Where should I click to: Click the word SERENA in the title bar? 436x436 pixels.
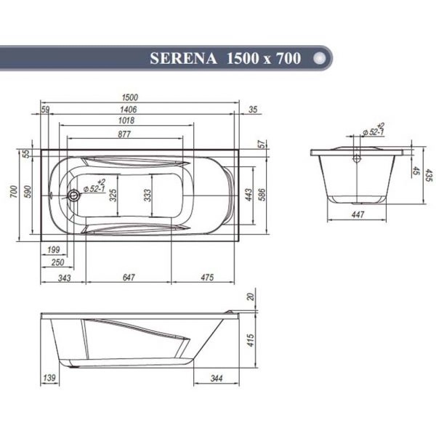[182, 59]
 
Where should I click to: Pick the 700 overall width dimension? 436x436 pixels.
[13, 193]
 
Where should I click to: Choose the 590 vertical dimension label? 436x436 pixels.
[29, 193]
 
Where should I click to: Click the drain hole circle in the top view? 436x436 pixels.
[72, 195]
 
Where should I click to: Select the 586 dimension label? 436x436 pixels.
[262, 194]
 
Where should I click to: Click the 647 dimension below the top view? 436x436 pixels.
[129, 277]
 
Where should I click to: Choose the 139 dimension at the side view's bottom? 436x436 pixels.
[50, 379]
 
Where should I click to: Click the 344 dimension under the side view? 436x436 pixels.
[216, 379]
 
